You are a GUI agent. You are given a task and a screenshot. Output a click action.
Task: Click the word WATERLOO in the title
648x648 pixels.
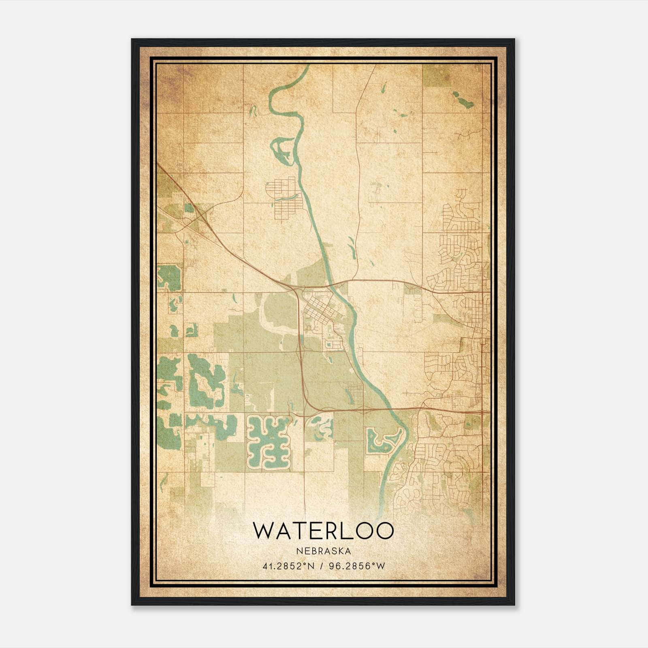click(323, 530)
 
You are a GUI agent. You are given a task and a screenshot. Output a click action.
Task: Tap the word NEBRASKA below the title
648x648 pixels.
click(323, 551)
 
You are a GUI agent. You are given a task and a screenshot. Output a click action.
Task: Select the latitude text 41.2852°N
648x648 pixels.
click(288, 566)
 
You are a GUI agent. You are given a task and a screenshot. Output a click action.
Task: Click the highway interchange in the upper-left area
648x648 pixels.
click(199, 215)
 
